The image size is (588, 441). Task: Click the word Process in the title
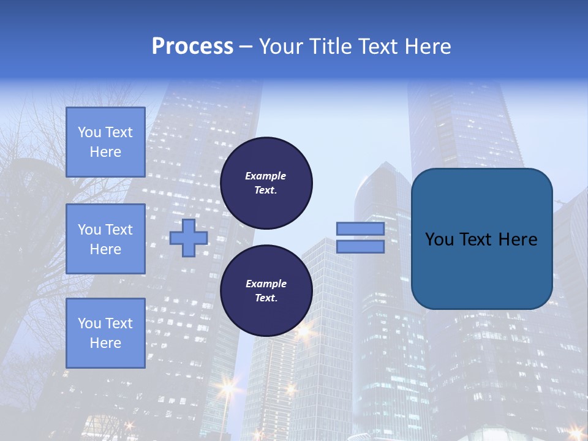click(x=192, y=47)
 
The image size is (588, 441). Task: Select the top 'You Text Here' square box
click(x=105, y=142)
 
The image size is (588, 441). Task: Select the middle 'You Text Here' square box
click(x=105, y=239)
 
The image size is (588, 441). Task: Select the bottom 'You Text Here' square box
click(x=105, y=333)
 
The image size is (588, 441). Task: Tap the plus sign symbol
click(x=189, y=238)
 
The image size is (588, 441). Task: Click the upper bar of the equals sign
click(x=360, y=228)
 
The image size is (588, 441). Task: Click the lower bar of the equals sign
click(x=360, y=247)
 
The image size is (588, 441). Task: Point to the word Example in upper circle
click(x=266, y=176)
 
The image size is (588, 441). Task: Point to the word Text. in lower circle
click(x=266, y=298)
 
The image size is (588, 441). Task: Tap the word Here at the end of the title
click(x=428, y=47)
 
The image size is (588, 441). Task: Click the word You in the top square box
click(x=89, y=132)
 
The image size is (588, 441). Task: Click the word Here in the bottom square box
click(x=105, y=343)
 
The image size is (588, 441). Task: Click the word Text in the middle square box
click(x=118, y=230)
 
